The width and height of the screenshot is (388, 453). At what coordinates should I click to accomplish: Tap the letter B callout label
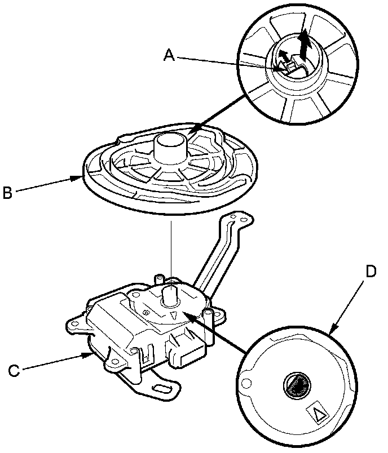(x=7, y=193)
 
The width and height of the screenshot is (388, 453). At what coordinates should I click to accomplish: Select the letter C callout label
(x=14, y=370)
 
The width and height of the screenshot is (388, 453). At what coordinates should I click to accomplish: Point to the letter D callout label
(x=371, y=271)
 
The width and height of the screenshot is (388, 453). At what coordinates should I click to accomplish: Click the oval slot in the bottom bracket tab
(x=162, y=389)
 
